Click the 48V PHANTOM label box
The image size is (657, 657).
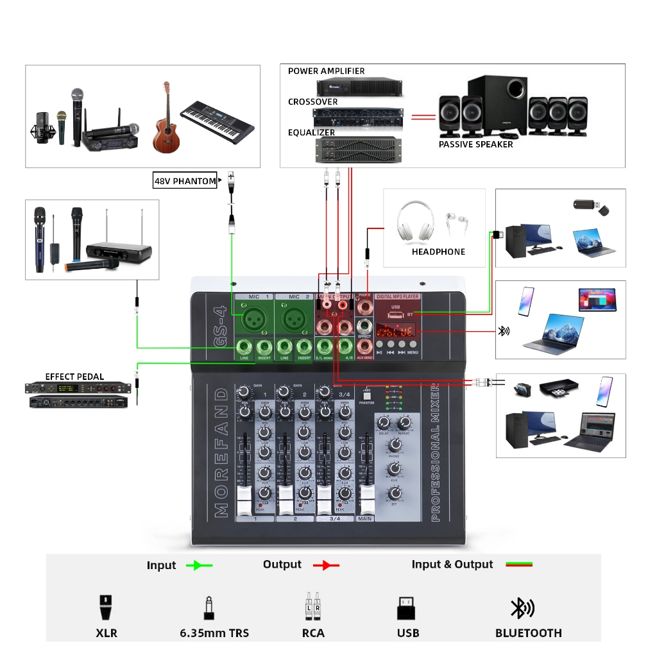185,181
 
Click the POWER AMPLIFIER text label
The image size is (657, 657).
326,71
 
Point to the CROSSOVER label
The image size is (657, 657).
312,102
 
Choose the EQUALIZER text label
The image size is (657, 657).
311,133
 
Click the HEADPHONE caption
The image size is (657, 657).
438,252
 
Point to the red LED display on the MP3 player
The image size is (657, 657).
396,332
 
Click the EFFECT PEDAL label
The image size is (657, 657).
74,377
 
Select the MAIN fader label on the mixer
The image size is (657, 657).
365,518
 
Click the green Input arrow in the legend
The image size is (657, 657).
199,565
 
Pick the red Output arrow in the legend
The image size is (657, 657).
326,565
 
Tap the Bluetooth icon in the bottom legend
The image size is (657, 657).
521,608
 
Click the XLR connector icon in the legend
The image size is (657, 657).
107,608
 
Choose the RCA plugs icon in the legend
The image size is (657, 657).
312,606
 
